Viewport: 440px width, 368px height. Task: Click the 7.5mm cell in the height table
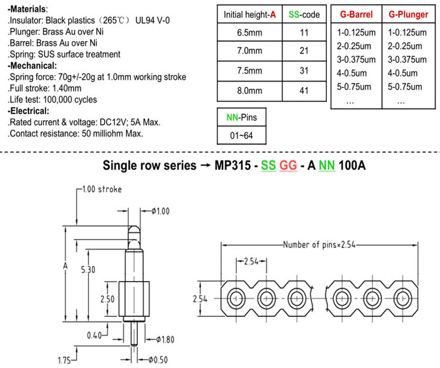(249, 71)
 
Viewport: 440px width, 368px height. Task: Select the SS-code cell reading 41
(304, 91)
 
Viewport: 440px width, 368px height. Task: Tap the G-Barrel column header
(356, 14)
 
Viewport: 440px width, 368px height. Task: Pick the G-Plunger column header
(408, 14)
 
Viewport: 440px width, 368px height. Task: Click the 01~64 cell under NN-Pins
(241, 136)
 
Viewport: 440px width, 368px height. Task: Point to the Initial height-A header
(249, 15)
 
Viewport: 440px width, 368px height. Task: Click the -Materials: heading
(28, 9)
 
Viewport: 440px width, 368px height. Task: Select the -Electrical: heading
(28, 111)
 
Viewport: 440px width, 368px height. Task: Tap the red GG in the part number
(288, 166)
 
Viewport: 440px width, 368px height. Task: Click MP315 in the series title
(233, 166)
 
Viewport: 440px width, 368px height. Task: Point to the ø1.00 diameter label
(161, 211)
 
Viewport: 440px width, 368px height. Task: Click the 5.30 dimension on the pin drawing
(88, 270)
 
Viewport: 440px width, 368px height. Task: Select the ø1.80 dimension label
(165, 340)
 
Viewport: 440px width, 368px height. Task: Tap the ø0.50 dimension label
(158, 360)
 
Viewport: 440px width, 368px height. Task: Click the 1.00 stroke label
(102, 189)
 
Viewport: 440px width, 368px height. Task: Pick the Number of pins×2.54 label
(319, 245)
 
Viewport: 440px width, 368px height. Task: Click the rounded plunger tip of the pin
(134, 232)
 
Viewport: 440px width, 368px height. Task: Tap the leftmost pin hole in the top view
(236, 298)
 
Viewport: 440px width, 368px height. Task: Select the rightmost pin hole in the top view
(402, 298)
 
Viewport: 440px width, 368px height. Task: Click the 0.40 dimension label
(94, 335)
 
